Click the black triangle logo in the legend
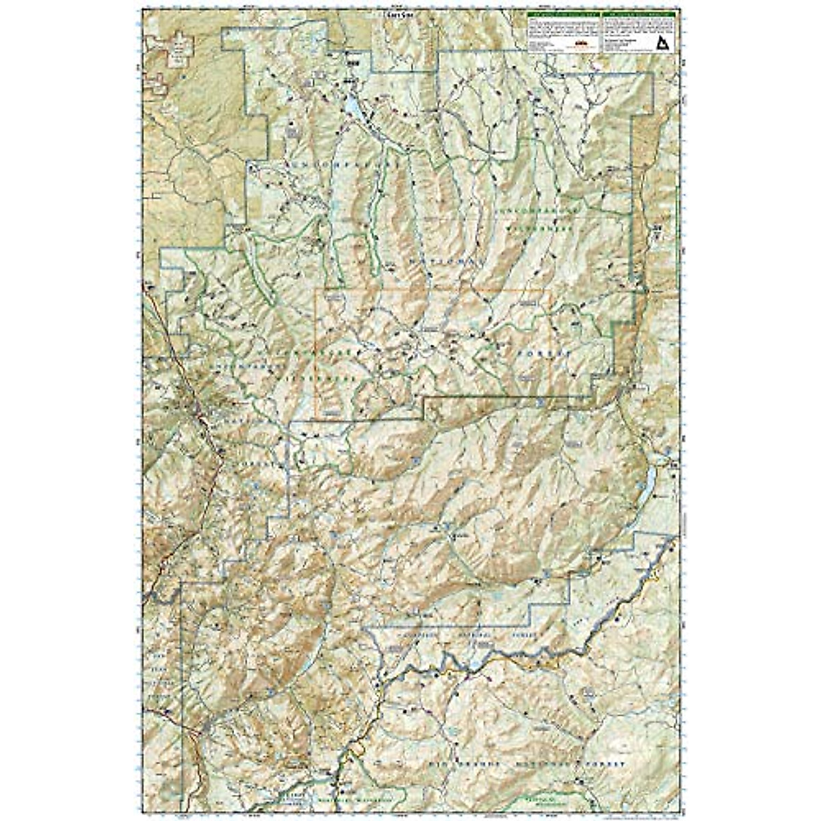[662, 44]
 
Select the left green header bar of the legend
[564, 14]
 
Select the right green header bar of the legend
[639, 14]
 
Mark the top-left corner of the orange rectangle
[315, 290]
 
